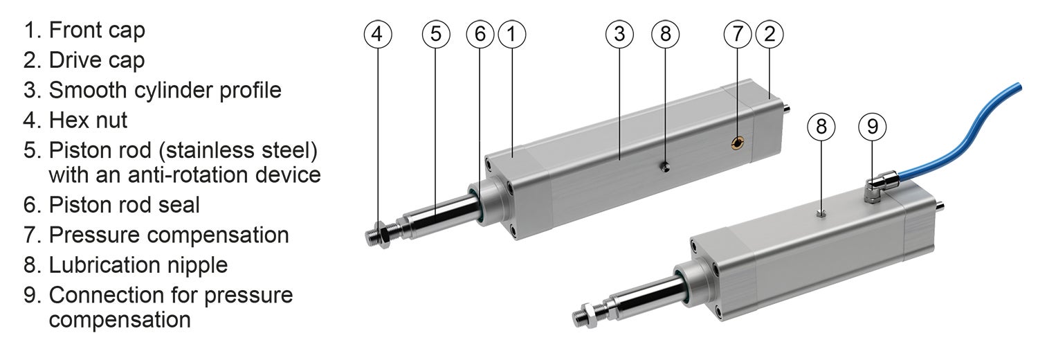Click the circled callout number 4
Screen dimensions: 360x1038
(377, 34)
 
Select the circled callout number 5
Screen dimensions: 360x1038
(435, 34)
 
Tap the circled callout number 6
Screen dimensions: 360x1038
(480, 34)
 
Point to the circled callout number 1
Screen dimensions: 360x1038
(511, 34)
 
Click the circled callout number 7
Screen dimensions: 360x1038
(738, 34)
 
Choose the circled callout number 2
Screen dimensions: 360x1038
(769, 34)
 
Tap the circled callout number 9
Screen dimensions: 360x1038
(872, 127)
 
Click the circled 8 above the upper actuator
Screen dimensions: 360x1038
(666, 34)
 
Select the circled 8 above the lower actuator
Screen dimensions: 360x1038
(821, 127)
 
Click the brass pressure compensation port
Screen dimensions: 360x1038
(739, 143)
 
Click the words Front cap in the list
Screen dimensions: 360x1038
(96, 30)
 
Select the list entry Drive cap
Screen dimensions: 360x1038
(96, 60)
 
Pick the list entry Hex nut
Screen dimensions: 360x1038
(88, 120)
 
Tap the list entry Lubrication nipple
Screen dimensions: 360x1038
(138, 264)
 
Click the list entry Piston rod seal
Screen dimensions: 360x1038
(124, 204)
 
